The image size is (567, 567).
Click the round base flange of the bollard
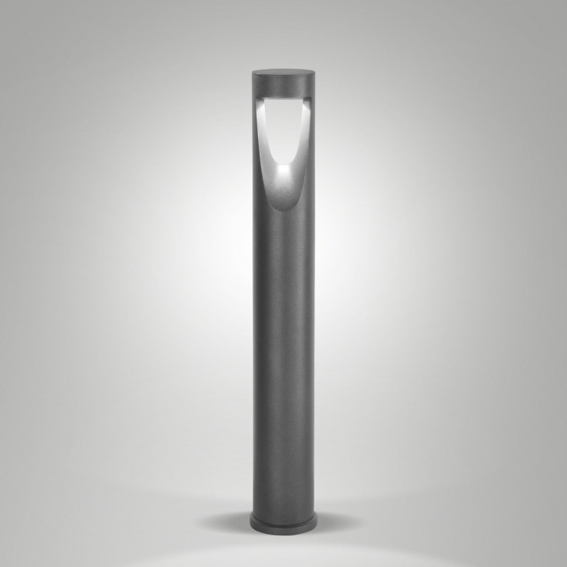283,523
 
